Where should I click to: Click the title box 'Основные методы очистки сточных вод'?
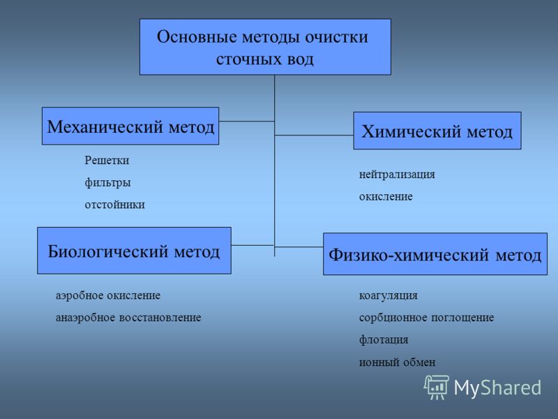coord(265,47)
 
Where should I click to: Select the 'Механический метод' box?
coord(130,126)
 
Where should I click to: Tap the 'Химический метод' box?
coord(437,131)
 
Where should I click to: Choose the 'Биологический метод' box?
coord(134,251)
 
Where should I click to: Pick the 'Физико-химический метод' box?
coord(435,254)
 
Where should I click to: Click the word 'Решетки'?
coord(107,161)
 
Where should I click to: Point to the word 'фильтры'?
coord(107,182)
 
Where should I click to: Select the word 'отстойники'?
coord(114,205)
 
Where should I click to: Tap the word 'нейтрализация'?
coord(397,175)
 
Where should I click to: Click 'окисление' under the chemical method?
coord(386,196)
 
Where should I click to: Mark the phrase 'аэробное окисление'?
coord(108,295)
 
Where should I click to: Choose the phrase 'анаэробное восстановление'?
coord(128,318)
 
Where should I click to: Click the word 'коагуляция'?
coord(389,295)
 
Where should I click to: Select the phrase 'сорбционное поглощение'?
coord(426,318)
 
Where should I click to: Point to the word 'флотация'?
coord(384,339)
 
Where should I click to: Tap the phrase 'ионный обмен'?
coord(397,362)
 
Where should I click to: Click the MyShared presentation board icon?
coord(437,388)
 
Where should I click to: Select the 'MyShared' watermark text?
coord(497,388)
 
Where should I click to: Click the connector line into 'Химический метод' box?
coord(314,135)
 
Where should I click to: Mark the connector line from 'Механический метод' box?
coord(247,121)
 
